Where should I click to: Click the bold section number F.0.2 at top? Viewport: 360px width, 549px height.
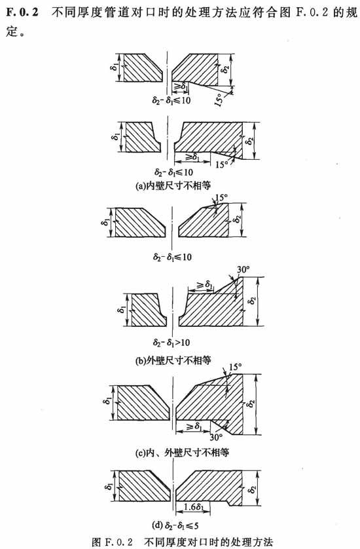[x=22, y=12]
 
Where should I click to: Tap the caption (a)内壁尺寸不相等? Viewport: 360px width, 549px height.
[x=173, y=185]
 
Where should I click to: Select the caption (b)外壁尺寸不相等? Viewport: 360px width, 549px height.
[x=173, y=360]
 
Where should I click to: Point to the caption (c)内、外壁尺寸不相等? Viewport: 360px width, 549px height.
[x=182, y=453]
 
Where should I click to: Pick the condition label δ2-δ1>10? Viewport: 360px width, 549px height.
[x=171, y=342]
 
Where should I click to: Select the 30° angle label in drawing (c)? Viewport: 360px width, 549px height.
[x=216, y=437]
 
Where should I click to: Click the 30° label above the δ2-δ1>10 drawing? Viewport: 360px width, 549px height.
[x=243, y=270]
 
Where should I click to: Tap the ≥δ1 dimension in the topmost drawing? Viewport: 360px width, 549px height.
[x=181, y=85]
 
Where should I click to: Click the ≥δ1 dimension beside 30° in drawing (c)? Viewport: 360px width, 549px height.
[x=194, y=426]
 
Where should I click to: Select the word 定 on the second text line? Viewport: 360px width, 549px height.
[x=12, y=32]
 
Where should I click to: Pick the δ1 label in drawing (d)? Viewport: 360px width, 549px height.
[x=109, y=485]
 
